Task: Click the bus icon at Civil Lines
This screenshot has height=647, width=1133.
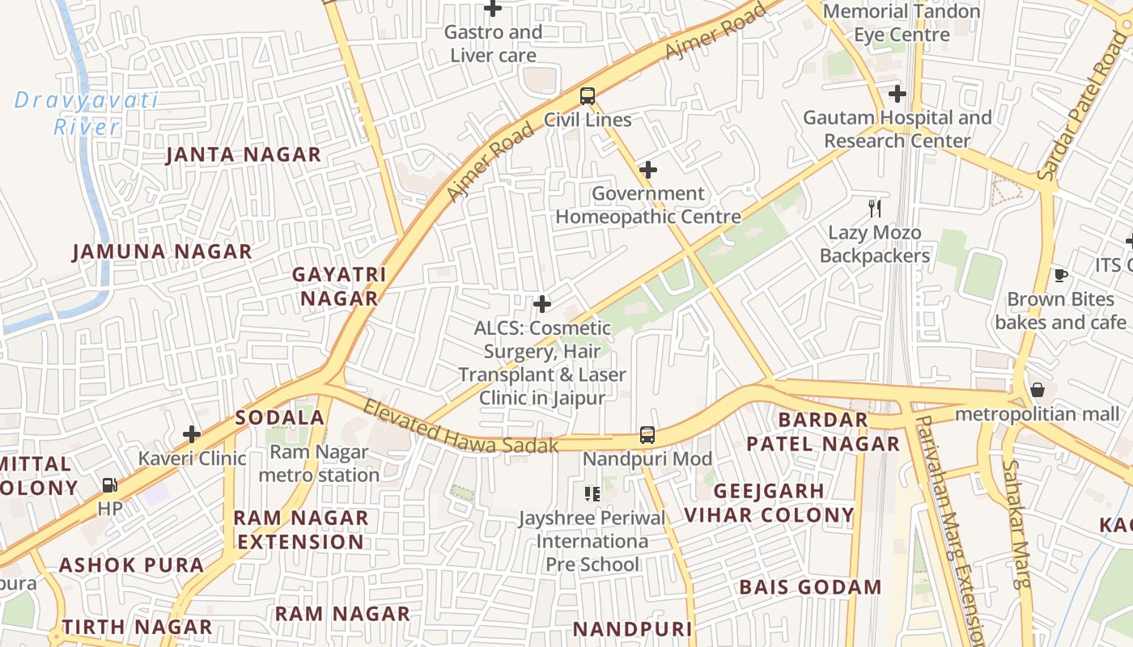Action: point(588,96)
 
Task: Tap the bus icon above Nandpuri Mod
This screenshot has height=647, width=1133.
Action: point(647,435)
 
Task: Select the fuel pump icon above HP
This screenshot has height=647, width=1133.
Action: point(109,485)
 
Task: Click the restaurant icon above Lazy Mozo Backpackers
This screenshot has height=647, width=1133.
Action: point(874,209)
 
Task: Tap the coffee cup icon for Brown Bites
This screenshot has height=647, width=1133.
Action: point(1060,276)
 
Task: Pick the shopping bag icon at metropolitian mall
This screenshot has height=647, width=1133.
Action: point(1038,391)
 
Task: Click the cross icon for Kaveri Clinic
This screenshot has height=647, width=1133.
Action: point(192,435)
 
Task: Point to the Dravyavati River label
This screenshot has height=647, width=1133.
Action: point(86,114)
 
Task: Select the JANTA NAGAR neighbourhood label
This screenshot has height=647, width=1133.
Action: point(244,154)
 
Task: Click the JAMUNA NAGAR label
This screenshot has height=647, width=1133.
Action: point(163,252)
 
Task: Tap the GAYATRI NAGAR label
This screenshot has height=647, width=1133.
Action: point(339,286)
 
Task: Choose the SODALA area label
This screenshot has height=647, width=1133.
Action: point(280,418)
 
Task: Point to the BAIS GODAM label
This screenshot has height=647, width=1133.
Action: point(810,587)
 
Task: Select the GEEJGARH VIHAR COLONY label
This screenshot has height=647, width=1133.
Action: point(769,503)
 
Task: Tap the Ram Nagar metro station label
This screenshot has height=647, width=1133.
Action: point(319,463)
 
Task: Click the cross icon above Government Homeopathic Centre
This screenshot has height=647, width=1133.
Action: point(647,170)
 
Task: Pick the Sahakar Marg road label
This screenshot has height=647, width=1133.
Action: point(1016,523)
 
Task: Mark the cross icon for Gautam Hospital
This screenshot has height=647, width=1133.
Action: point(897,94)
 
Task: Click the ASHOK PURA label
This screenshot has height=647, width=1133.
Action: point(131,565)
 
